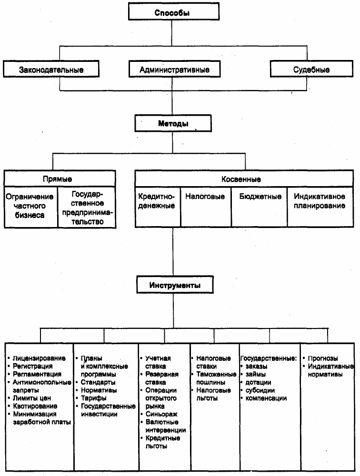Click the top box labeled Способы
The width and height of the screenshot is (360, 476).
(x=173, y=11)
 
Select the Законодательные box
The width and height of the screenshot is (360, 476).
(x=51, y=69)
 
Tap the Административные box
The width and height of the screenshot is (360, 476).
(x=174, y=69)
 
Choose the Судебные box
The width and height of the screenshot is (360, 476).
(x=311, y=69)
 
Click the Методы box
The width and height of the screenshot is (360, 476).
(x=173, y=123)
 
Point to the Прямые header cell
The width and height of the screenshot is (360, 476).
(x=60, y=178)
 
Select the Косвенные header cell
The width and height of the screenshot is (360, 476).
(x=244, y=178)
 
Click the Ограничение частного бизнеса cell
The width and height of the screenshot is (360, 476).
(x=31, y=207)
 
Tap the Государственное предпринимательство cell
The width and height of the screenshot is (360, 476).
(x=87, y=207)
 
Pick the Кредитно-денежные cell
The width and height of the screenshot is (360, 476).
(x=158, y=207)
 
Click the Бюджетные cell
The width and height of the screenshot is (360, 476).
(x=259, y=207)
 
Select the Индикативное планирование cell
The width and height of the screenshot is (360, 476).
(x=320, y=207)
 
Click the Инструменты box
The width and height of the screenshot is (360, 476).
(x=175, y=285)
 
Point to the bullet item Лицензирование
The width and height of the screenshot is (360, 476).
(x=37, y=358)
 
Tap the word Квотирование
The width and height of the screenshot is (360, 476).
(x=35, y=406)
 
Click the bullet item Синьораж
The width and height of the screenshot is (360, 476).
(x=159, y=414)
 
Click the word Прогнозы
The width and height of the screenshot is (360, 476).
(x=323, y=358)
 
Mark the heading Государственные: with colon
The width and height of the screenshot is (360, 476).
(x=269, y=358)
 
